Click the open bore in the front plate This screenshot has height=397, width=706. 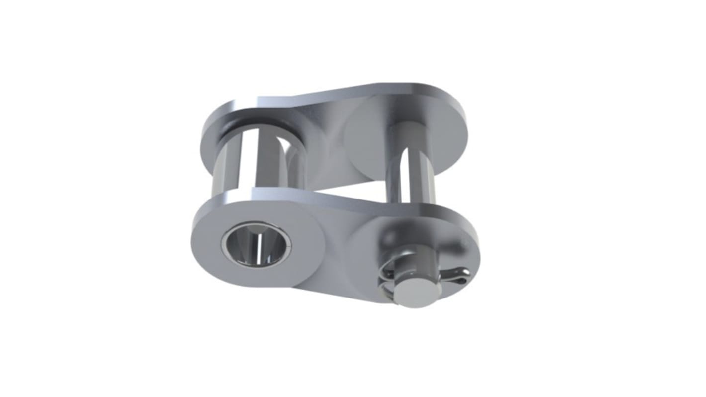coord(256,244)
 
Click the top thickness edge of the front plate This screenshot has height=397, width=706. coord(348,201)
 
